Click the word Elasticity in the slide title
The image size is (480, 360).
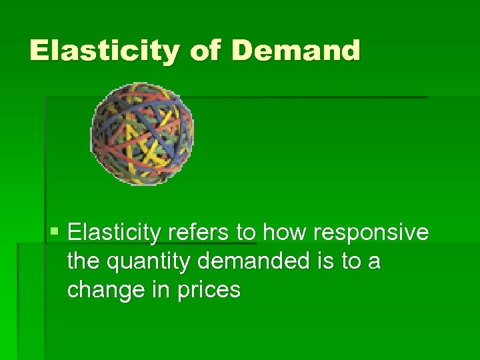tap(104, 51)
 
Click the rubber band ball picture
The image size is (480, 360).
tap(142, 133)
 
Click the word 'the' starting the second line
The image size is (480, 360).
tap(83, 261)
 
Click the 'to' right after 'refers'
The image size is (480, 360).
tap(245, 233)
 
